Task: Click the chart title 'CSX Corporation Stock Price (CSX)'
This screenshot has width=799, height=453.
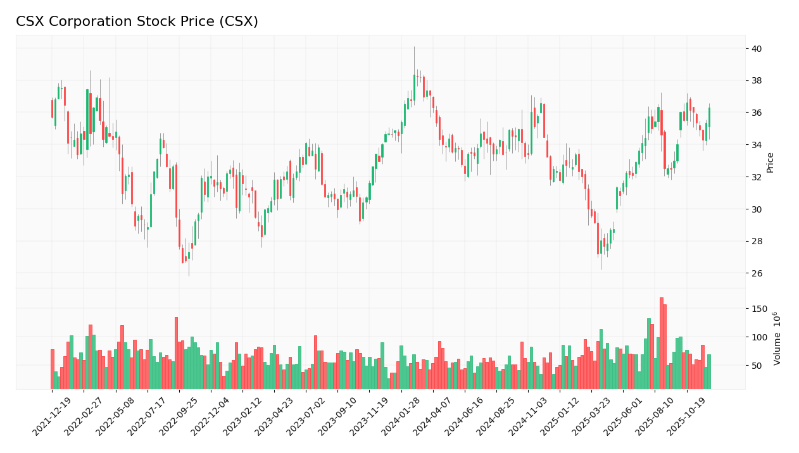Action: pyautogui.click(x=137, y=22)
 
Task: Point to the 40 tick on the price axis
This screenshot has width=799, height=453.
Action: pyautogui.click(x=757, y=49)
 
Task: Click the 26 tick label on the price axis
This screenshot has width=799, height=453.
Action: pyautogui.click(x=757, y=273)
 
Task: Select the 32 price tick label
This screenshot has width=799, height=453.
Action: pyautogui.click(x=757, y=177)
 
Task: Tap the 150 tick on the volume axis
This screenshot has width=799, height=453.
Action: pyautogui.click(x=758, y=309)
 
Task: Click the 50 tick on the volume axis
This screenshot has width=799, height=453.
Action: pyautogui.click(x=757, y=366)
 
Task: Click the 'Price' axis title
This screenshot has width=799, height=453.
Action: pyautogui.click(x=771, y=162)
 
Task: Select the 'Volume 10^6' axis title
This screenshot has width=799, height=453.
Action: pyautogui.click(x=777, y=338)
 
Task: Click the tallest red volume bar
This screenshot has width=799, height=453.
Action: pyautogui.click(x=661, y=343)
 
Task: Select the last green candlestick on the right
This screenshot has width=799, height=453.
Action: pyautogui.click(x=709, y=118)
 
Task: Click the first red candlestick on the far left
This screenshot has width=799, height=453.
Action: pyautogui.click(x=52, y=108)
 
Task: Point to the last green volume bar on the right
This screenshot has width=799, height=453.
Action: pyautogui.click(x=709, y=371)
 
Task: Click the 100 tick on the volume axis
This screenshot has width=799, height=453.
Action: pyautogui.click(x=758, y=337)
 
